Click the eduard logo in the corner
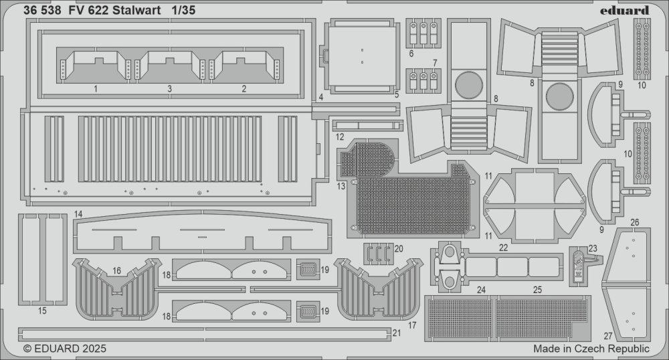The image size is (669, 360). (x=624, y=10)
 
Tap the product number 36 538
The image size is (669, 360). (x=41, y=10)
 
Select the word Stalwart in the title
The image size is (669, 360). (x=137, y=10)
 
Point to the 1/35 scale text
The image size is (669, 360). (x=184, y=10)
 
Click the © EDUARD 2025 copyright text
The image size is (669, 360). (x=64, y=349)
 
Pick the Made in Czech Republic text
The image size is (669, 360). (x=591, y=349)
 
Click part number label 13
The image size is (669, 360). (x=341, y=187)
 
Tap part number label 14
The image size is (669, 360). (x=78, y=214)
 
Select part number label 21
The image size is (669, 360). (x=397, y=333)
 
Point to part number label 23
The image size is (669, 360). (x=593, y=249)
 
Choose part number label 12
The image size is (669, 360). (x=340, y=137)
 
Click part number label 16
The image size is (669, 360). (x=117, y=270)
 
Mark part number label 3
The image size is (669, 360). (x=169, y=89)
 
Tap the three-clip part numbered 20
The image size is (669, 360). (x=378, y=254)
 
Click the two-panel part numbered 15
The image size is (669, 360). (x=43, y=260)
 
